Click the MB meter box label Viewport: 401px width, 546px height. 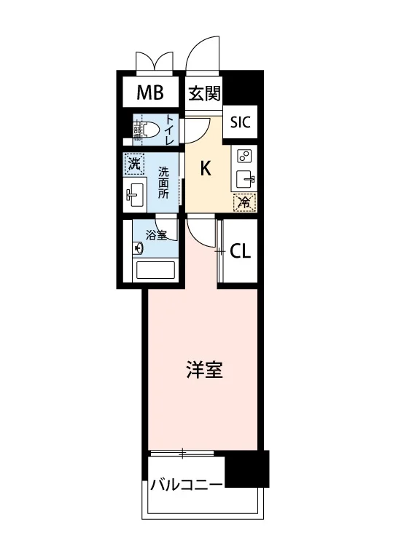(x=150, y=92)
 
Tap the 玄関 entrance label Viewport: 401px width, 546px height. (x=204, y=93)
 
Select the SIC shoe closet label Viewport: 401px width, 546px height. (x=241, y=122)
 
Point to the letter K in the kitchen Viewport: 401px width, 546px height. (x=206, y=169)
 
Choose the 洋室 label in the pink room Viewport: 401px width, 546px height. (x=204, y=370)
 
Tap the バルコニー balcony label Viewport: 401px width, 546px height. (x=187, y=485)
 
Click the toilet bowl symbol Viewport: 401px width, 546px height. (x=149, y=130)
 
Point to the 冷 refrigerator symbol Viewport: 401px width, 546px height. (x=245, y=202)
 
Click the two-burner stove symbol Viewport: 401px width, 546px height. (x=244, y=156)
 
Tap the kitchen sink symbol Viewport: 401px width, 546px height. (x=246, y=179)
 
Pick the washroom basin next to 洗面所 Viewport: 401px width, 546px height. (x=135, y=195)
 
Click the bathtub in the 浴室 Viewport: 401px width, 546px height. (x=155, y=270)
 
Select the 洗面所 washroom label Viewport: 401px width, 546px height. (x=163, y=183)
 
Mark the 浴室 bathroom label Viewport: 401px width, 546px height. (x=157, y=236)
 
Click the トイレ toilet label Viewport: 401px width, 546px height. (x=169, y=130)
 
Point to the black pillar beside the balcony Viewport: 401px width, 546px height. (x=247, y=469)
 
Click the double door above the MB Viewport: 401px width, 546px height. (x=155, y=62)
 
